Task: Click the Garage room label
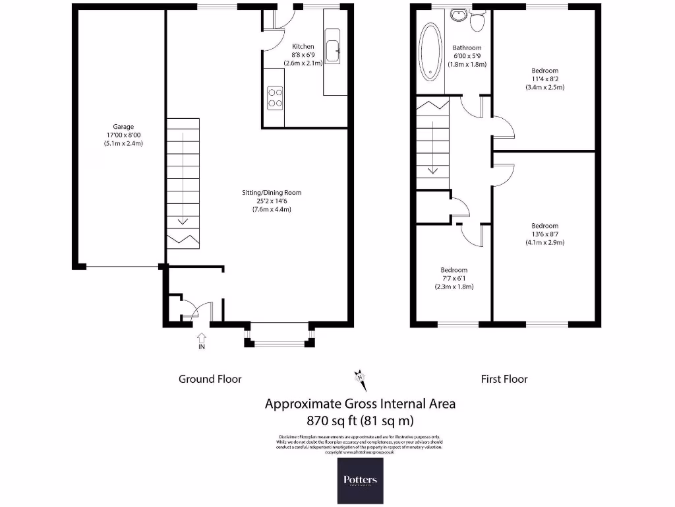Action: point(123,127)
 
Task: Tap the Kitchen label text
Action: point(303,47)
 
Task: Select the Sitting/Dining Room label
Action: point(271,193)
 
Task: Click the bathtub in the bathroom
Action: point(430,52)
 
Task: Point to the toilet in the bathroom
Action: point(478,21)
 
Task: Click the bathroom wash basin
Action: point(457,16)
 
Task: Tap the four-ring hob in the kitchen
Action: point(274,98)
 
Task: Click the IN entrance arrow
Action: point(201,341)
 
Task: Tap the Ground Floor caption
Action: point(210,379)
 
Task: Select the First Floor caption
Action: point(504,379)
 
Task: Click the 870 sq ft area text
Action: point(360,420)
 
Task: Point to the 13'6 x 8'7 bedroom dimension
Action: point(544,234)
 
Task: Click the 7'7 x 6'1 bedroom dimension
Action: point(454,279)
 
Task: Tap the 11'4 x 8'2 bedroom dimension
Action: point(544,79)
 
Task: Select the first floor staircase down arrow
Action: point(432,169)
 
